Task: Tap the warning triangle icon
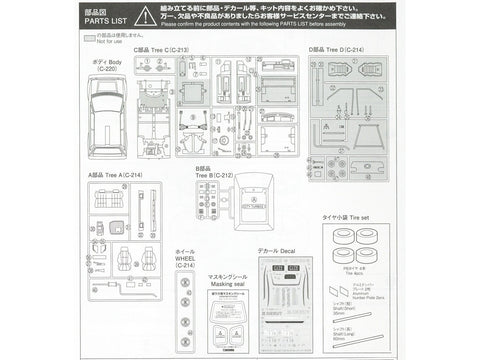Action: [146, 17]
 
